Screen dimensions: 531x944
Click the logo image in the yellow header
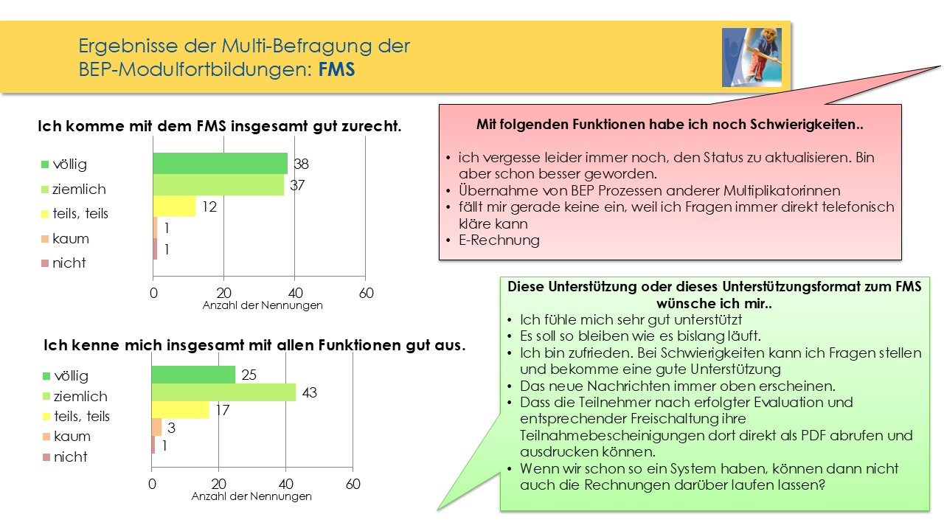[752, 58]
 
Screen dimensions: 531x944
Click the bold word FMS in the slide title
[337, 69]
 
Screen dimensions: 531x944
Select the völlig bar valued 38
[220, 164]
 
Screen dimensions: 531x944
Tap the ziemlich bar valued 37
[218, 185]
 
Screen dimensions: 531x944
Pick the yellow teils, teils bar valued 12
[174, 206]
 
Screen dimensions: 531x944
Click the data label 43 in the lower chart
[309, 393]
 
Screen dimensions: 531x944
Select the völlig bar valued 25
[193, 375]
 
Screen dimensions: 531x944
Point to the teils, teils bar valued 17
[180, 409]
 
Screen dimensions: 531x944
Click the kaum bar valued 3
[156, 427]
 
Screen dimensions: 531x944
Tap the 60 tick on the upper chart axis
[366, 293]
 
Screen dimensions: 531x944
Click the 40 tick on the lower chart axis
[286, 485]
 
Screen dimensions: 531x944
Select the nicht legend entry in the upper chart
[69, 263]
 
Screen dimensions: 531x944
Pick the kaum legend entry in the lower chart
[71, 437]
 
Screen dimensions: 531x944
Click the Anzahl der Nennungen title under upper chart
[263, 305]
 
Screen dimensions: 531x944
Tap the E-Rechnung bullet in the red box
[499, 240]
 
